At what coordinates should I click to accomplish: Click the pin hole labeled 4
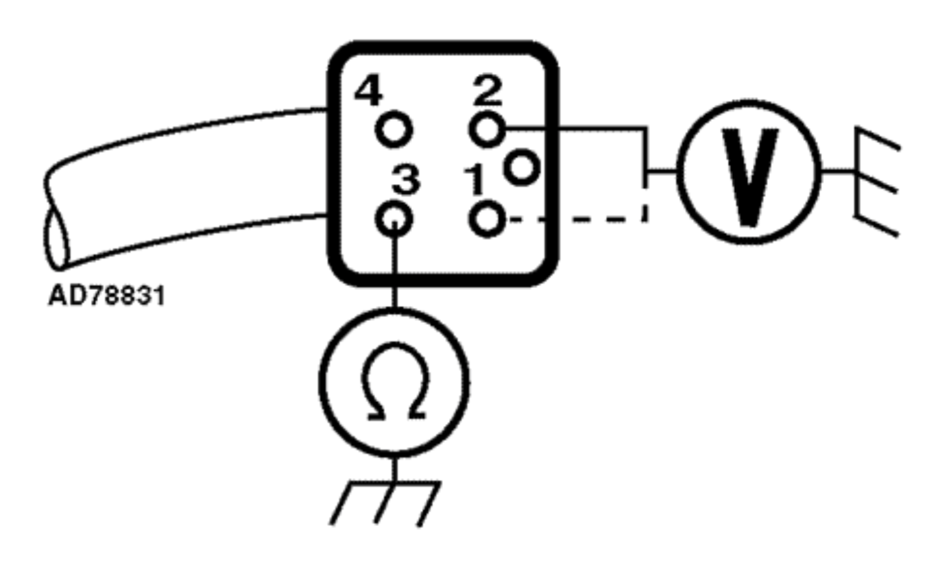tap(394, 130)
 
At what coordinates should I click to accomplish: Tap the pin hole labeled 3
tap(394, 219)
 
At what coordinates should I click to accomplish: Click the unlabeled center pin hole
tap(521, 168)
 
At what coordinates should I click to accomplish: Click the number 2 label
tap(488, 91)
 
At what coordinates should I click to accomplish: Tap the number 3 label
tap(406, 181)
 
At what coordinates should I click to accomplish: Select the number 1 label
tap(475, 181)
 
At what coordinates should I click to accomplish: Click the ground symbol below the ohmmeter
tap(387, 501)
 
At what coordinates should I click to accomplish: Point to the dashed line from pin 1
tap(577, 220)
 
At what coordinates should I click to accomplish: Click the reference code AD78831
tap(107, 296)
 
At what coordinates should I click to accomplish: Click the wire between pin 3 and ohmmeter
tap(394, 272)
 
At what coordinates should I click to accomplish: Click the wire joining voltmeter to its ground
tap(839, 171)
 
